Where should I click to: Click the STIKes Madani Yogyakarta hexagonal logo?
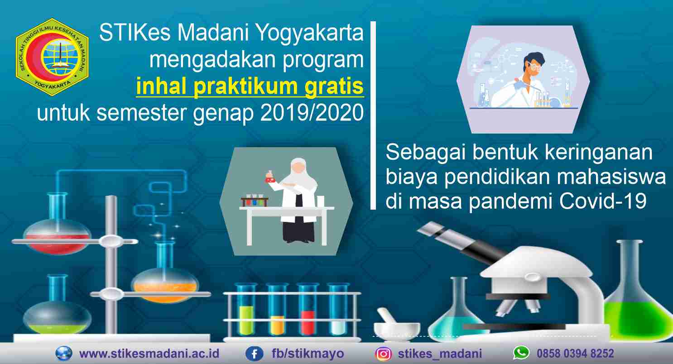point(52,57)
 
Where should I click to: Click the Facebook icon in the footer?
point(255,354)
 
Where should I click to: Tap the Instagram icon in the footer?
point(384,354)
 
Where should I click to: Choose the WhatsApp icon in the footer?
point(521,353)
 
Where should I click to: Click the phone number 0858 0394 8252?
point(575,354)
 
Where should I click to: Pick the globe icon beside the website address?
point(64,354)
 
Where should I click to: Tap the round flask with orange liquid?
point(165,283)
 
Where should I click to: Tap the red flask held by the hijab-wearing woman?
point(271,177)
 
